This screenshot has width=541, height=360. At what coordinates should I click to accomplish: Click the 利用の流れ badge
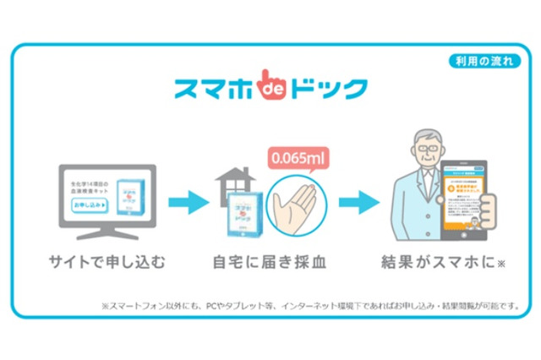pyautogui.click(x=484, y=63)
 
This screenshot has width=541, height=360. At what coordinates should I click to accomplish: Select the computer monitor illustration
pyautogui.click(x=106, y=199)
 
